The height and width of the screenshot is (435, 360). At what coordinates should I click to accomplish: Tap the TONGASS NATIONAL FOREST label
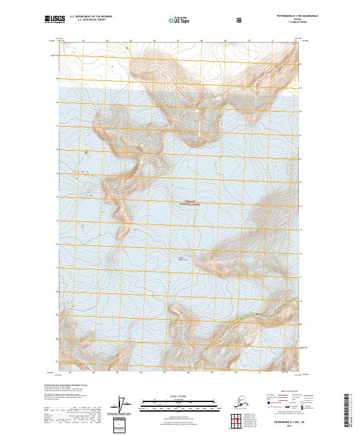pos(190,203)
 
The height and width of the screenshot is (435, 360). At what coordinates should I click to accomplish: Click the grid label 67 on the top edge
pos(178,41)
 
